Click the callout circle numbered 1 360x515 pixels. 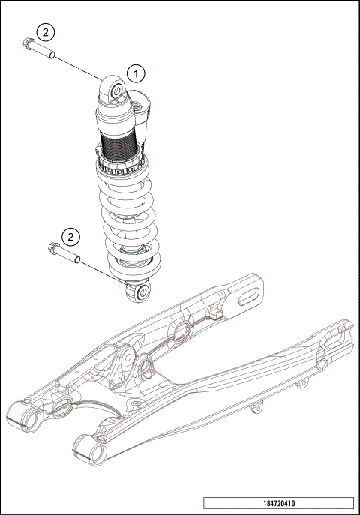[x=135, y=73]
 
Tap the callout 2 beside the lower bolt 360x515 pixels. [x=70, y=238]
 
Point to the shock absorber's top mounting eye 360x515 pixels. [x=117, y=91]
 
